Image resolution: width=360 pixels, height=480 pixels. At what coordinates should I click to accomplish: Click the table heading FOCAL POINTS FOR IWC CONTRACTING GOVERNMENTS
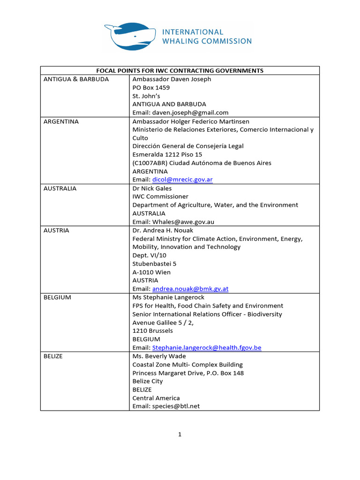[x=180, y=71]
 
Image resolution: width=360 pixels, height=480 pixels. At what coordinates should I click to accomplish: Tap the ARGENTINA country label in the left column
[x=61, y=121]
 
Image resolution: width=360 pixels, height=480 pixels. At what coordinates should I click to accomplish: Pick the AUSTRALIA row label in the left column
[x=60, y=188]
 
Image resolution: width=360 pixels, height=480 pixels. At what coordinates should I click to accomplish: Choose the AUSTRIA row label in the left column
[x=56, y=231]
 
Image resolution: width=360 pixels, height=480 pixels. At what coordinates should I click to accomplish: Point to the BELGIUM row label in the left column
[x=58, y=297]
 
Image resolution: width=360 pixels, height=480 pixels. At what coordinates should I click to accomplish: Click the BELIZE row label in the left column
[x=53, y=356]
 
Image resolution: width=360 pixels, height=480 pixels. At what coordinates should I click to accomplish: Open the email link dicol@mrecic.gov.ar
[x=182, y=180]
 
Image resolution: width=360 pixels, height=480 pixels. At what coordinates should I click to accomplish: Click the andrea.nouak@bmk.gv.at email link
[x=190, y=289]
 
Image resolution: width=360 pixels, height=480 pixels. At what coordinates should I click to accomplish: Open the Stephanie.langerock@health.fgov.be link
[x=207, y=348]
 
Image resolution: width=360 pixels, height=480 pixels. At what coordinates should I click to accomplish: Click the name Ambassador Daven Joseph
[x=172, y=79]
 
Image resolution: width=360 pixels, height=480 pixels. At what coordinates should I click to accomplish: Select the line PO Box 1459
[x=151, y=88]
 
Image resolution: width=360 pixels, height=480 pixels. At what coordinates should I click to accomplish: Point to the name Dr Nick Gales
[x=152, y=188]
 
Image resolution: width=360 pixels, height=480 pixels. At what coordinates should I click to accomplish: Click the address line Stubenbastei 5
[x=155, y=264]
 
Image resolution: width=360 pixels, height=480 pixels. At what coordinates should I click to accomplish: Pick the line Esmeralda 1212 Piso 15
[x=167, y=155]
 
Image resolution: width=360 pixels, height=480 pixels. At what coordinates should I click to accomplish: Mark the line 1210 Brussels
[x=153, y=331]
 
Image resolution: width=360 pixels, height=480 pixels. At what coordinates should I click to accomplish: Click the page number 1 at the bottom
[x=180, y=435]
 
